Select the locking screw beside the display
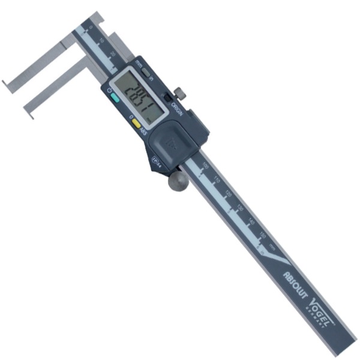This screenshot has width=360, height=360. point(179,94)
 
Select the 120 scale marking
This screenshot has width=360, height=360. point(229,193)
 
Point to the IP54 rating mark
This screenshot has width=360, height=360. point(157,160)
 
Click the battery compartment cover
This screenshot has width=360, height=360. point(173,140)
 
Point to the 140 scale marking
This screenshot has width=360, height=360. point(251,222)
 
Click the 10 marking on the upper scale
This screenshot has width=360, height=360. point(101,40)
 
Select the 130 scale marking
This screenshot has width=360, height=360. point(240,208)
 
